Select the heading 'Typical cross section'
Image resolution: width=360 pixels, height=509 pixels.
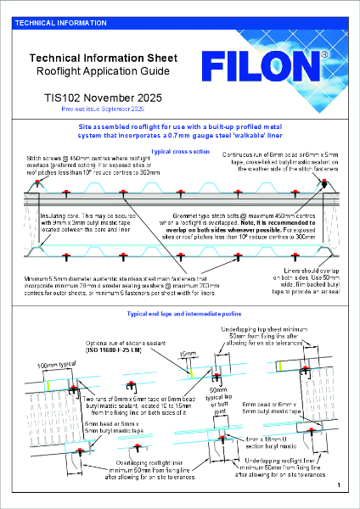point(179,151)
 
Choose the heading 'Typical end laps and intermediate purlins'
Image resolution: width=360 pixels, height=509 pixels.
point(179,314)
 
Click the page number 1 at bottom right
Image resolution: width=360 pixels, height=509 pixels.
point(337,484)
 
